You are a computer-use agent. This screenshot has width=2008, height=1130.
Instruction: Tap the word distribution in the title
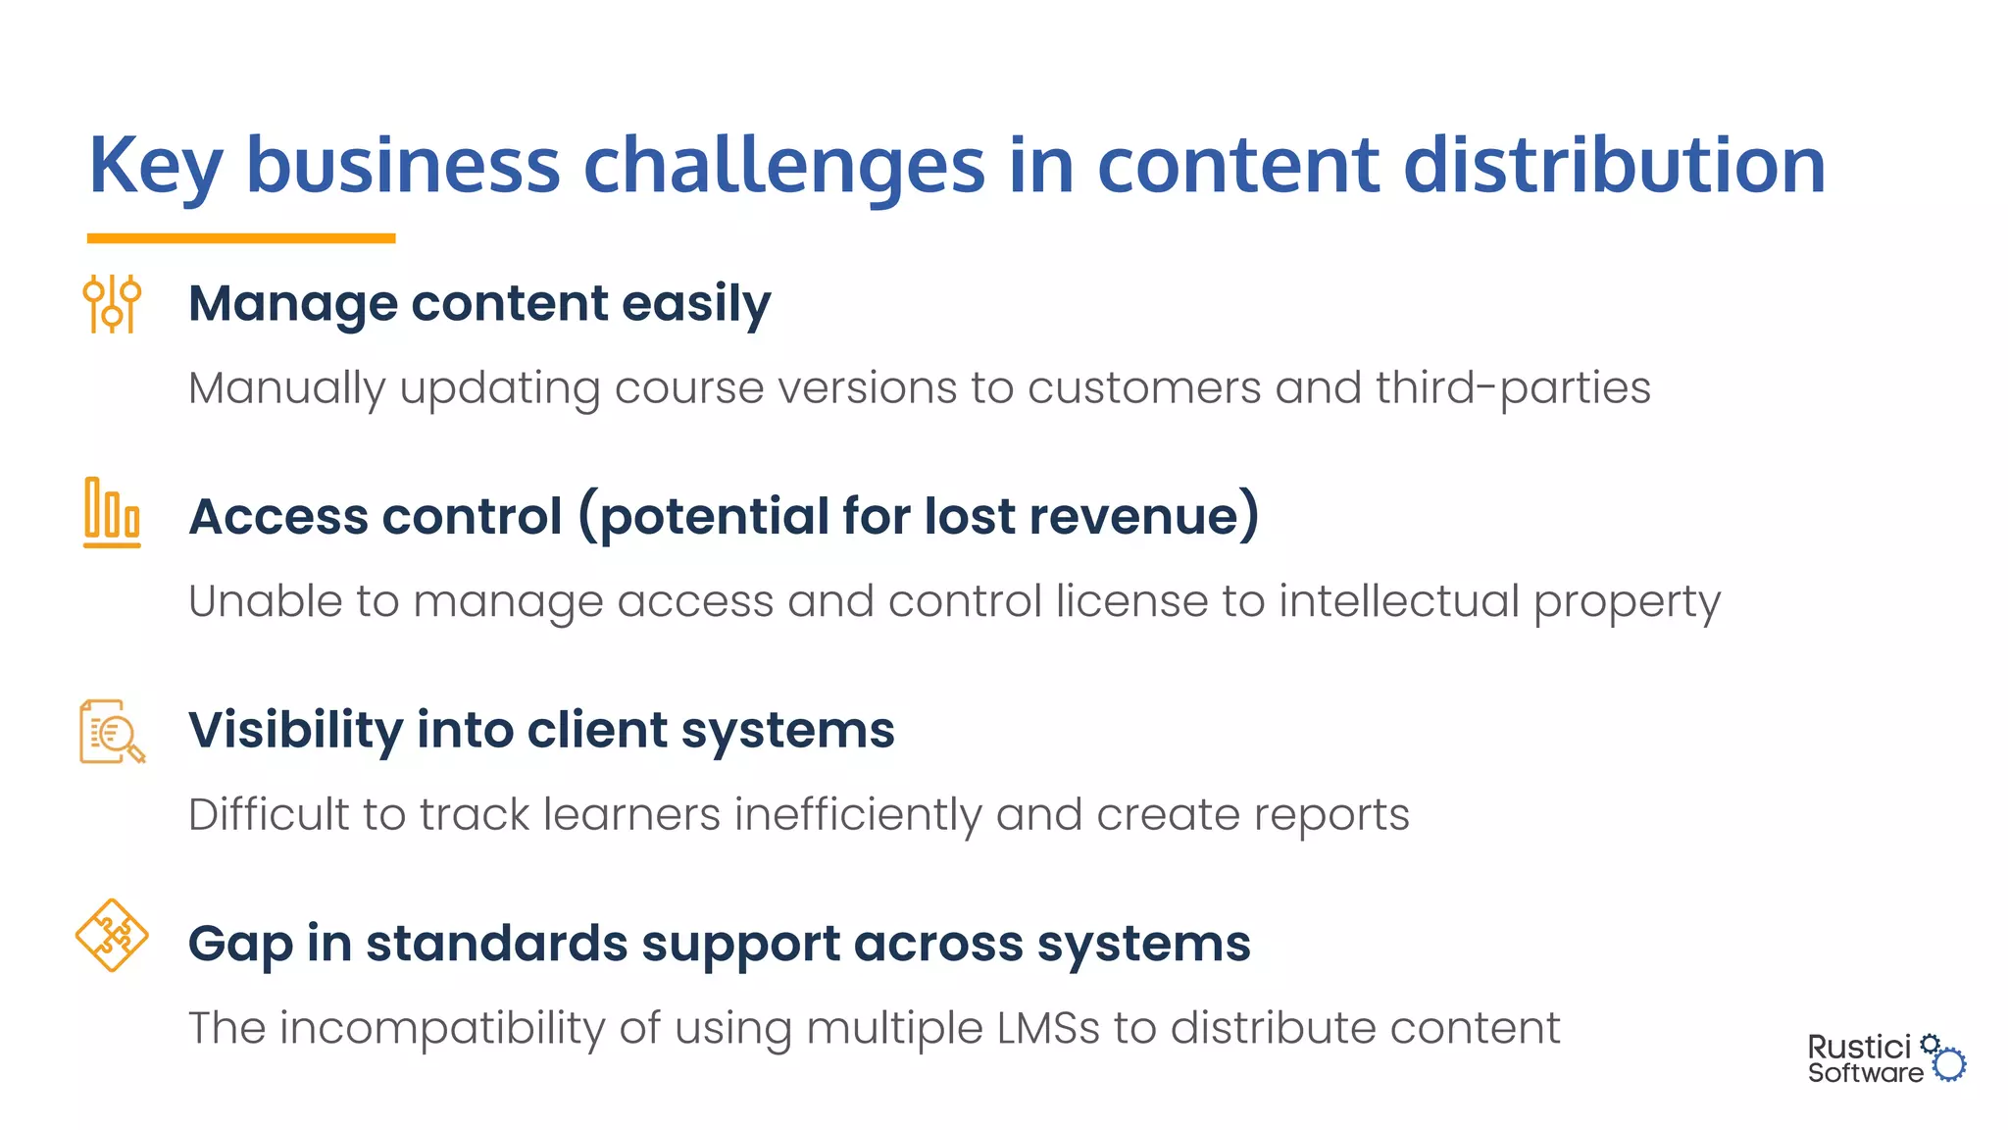1614,165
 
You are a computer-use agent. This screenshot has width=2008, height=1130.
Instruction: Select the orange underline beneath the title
241,238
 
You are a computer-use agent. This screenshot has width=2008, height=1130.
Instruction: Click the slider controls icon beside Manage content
112,304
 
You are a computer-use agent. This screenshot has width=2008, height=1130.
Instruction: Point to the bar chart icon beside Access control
112,512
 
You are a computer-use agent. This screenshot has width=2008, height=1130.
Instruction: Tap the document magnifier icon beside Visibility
112,732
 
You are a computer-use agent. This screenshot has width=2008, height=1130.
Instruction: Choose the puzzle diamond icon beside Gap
112,935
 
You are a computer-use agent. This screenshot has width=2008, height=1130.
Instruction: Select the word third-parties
1513,388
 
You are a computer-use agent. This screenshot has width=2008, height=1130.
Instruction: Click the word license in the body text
1131,601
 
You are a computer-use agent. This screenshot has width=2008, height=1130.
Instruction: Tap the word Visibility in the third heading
295,731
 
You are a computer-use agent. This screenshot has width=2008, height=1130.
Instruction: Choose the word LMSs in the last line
1047,1029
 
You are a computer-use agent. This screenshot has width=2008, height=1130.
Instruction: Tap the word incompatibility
442,1029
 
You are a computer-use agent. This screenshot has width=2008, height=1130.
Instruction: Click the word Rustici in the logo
1859,1048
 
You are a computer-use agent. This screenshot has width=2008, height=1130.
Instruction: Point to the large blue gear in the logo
1950,1064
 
